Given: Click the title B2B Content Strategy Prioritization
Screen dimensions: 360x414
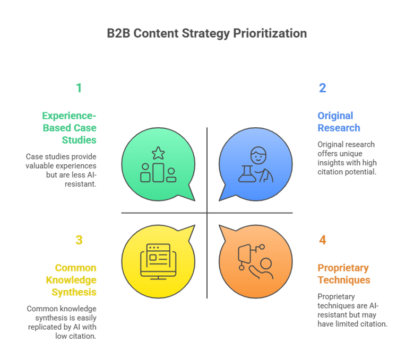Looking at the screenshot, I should pyautogui.click(x=206, y=33).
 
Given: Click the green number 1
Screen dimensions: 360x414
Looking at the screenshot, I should pyautogui.click(x=79, y=88).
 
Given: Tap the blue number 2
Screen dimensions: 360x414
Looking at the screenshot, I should pyautogui.click(x=322, y=88).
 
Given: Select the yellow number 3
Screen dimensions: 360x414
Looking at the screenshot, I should pyautogui.click(x=79, y=240).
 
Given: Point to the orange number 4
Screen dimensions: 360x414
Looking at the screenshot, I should pyautogui.click(x=322, y=240).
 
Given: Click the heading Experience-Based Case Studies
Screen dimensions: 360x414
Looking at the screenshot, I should pyautogui.click(x=69, y=128).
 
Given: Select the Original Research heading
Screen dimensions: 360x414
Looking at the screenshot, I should pyautogui.click(x=339, y=121).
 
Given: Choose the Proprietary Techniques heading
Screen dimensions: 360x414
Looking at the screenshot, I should pyautogui.click(x=343, y=274).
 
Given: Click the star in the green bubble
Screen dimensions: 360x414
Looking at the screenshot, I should pyautogui.click(x=158, y=153).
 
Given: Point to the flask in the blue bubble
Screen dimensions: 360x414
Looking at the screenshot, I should pyautogui.click(x=246, y=173).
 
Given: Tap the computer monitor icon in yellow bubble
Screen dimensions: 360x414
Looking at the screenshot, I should pyautogui.click(x=158, y=260).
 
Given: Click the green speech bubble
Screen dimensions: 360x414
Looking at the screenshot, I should pyautogui.click(x=158, y=165).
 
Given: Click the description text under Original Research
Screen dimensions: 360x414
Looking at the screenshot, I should pyautogui.click(x=346, y=158).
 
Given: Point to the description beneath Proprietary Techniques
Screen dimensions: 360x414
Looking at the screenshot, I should pyautogui.click(x=351, y=310).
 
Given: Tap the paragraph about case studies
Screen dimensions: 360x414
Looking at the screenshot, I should pyautogui.click(x=61, y=170).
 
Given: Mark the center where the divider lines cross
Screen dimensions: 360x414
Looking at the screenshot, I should pyautogui.click(x=207, y=213).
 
